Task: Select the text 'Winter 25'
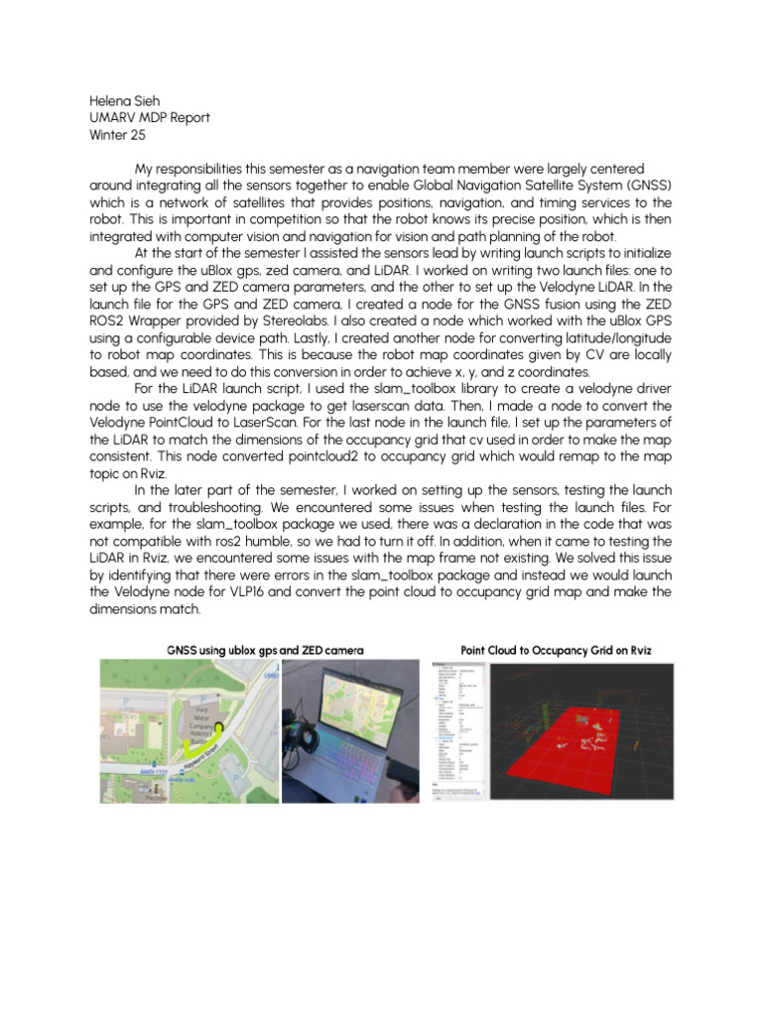click(117, 136)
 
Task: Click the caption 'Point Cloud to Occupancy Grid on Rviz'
click(556, 650)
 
